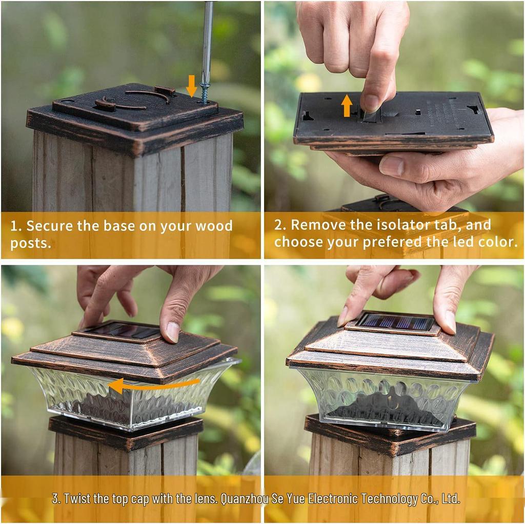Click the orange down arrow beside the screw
[x=191, y=86]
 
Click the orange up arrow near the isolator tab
[x=347, y=105]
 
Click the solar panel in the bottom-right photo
[x=395, y=323]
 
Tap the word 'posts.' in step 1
[x=31, y=243]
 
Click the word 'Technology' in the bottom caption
[x=390, y=498]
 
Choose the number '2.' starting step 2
[x=280, y=225]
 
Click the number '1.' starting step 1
[x=15, y=226]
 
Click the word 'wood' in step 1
[x=215, y=226]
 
